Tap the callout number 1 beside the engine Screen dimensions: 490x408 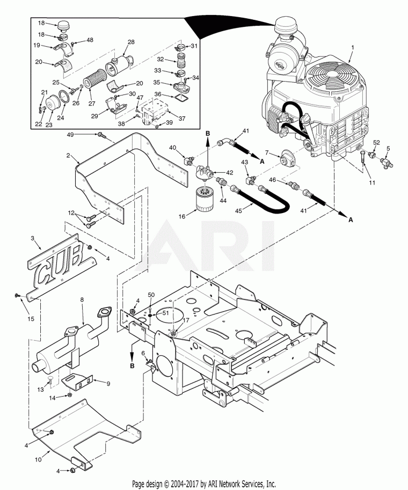[x=352, y=48]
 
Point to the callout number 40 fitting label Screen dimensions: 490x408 [x=173, y=148]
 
